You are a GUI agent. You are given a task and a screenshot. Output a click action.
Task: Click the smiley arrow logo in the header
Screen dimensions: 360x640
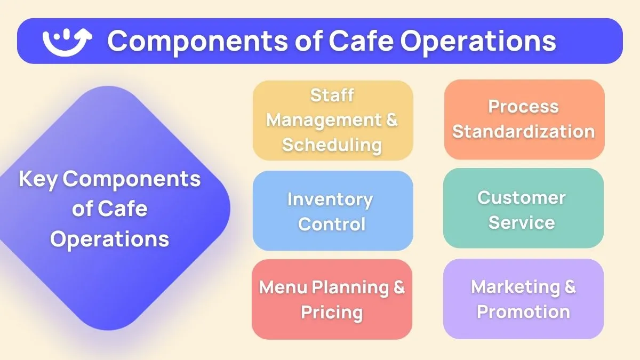(67, 41)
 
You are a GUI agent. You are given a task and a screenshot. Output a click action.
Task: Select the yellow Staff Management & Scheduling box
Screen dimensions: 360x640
(333, 120)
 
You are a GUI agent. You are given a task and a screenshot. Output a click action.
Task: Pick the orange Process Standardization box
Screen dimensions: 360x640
(524, 119)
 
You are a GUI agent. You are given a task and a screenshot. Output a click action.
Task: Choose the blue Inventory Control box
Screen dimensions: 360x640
(333, 211)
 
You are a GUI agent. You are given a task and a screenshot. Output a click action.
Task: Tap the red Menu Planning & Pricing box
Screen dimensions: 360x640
(332, 299)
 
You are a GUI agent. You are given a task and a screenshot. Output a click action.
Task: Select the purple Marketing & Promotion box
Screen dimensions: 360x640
(523, 299)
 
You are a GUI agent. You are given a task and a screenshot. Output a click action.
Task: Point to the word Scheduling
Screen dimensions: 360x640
(332, 145)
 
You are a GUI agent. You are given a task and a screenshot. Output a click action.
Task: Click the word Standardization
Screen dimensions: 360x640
(524, 132)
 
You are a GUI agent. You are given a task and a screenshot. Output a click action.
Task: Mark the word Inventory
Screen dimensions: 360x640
(330, 199)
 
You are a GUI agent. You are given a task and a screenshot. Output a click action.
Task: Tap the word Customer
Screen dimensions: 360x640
(522, 197)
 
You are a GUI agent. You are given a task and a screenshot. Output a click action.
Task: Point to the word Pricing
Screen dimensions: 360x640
(332, 312)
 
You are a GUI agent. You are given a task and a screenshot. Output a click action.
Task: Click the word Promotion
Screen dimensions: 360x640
(523, 311)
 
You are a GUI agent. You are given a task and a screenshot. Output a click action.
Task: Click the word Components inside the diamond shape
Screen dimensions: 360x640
(132, 179)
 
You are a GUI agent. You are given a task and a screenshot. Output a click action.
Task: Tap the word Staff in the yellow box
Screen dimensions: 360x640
(332, 95)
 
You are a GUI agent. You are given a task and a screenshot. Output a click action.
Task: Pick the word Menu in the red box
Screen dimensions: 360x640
(283, 287)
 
